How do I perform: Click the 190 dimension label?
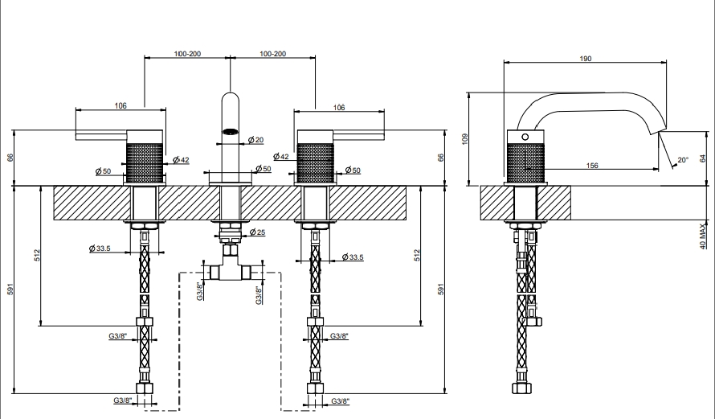point(586,59)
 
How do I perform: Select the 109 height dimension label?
point(464,139)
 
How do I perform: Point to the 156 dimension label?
point(592,165)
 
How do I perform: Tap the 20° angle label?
point(683,160)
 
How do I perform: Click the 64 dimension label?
point(703,158)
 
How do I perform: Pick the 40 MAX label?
point(703,236)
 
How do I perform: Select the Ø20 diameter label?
point(255,140)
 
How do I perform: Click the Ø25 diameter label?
point(257,232)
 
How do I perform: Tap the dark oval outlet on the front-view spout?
point(230,132)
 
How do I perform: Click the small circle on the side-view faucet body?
point(525,137)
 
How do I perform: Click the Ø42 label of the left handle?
point(181,160)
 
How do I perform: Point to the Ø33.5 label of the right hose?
point(353,257)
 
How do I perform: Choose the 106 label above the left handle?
point(121,105)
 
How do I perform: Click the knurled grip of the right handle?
point(315,162)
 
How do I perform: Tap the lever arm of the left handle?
point(100,135)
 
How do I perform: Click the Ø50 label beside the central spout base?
point(264,168)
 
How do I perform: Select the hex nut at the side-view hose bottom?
point(521,388)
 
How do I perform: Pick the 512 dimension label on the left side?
point(37,255)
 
